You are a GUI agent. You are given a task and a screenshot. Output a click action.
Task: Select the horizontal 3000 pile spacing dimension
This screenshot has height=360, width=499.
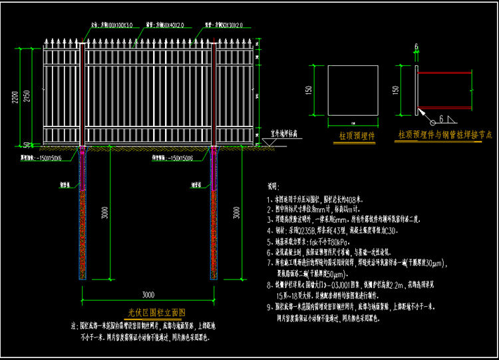coord(148,294)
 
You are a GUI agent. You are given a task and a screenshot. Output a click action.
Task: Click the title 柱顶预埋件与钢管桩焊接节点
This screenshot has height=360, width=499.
coord(446,135)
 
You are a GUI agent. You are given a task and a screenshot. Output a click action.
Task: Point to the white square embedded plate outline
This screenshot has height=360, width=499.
coord(353,93)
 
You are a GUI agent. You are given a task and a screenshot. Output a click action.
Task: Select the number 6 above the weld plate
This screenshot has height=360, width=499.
coord(416,47)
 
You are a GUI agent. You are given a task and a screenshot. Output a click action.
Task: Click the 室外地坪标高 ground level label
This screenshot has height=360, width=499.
coord(288,134)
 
